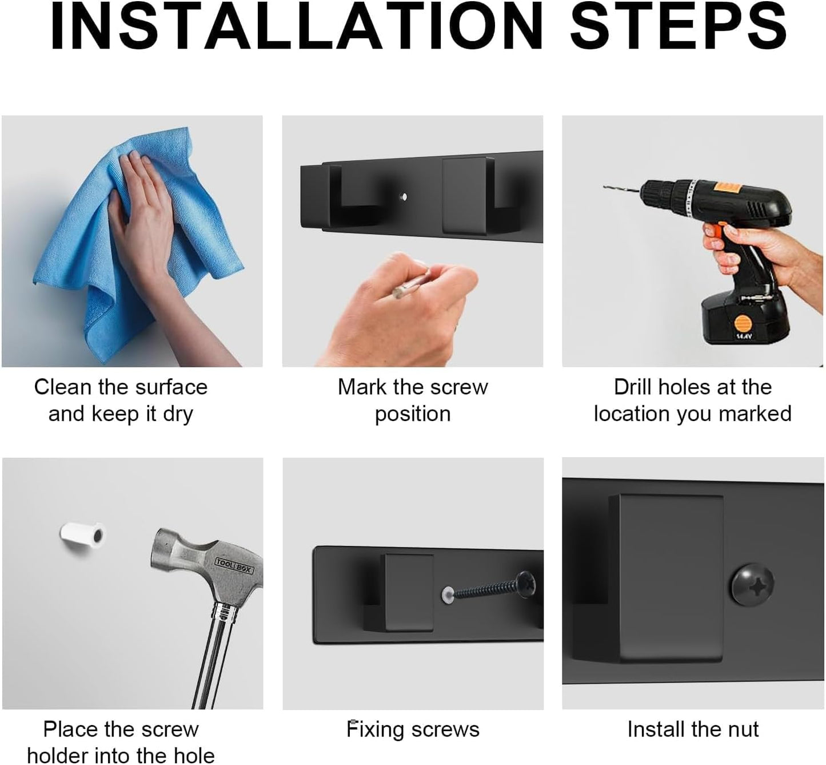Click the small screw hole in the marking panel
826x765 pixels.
point(403,197)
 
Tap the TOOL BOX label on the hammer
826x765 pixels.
point(234,565)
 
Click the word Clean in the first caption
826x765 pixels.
point(63,387)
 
